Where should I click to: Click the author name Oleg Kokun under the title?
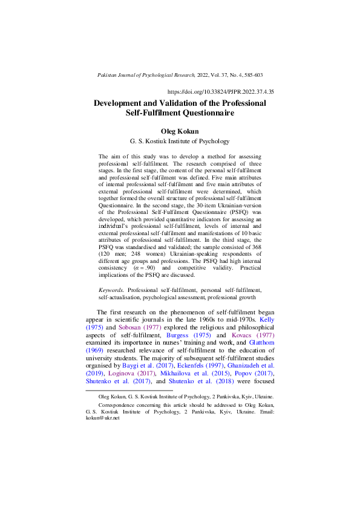180,130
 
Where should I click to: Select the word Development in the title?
118,103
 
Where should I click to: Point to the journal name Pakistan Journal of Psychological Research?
146,75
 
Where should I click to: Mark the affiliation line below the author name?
180,141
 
